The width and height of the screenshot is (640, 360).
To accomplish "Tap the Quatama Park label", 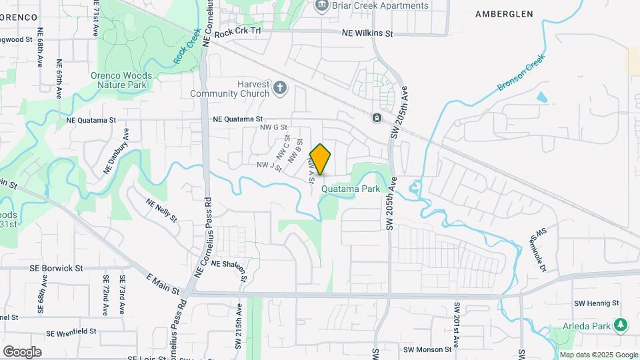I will [x=350, y=189].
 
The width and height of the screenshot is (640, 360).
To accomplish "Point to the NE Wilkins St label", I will [x=368, y=33].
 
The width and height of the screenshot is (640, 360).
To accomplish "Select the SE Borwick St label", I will [x=56, y=268].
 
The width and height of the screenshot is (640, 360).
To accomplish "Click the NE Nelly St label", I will [x=161, y=209].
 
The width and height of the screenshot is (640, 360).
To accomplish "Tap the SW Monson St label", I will [x=428, y=349].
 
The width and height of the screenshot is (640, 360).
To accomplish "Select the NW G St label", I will [x=273, y=127].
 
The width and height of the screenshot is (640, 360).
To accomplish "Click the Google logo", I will [x=22, y=351].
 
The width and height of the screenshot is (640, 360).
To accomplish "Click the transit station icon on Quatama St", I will [x=377, y=118].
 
